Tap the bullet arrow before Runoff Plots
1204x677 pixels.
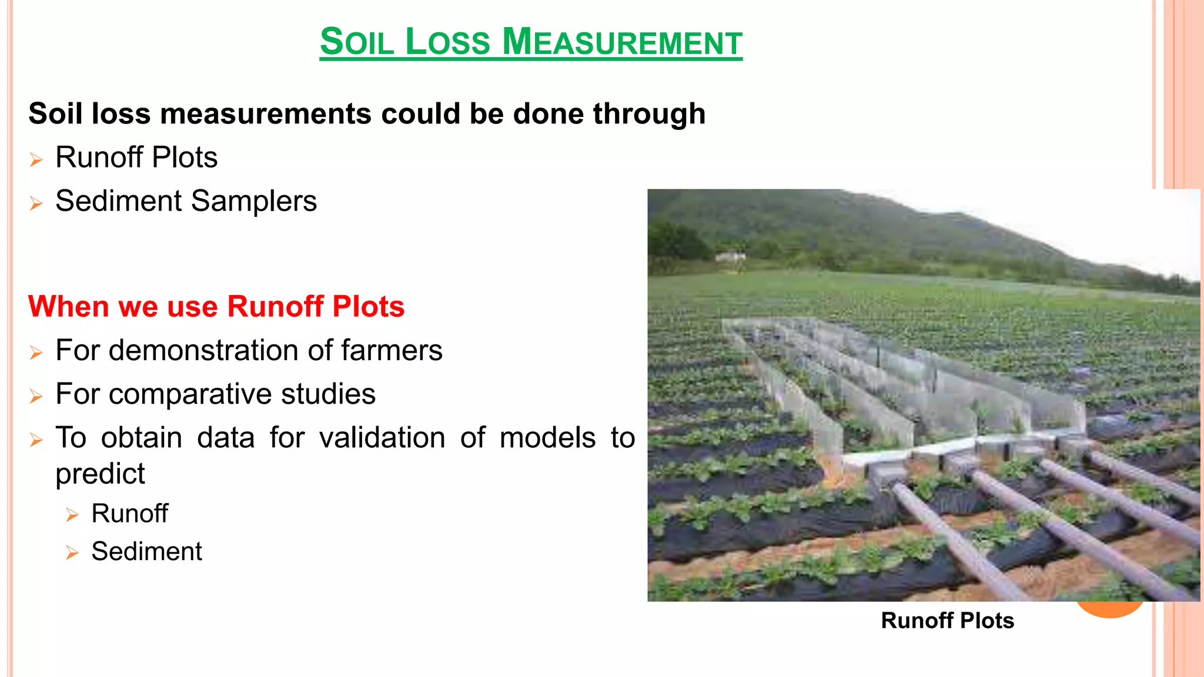36,160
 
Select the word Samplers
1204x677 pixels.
254,202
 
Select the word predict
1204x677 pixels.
100,474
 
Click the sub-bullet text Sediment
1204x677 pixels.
146,552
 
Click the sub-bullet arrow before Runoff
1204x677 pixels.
72,515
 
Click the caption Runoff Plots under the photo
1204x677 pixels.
947,621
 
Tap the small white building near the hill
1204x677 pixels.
731,257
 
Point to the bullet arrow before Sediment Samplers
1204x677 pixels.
36,204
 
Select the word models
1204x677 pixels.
547,438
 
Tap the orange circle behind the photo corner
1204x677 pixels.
1110,609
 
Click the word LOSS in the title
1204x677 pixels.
447,42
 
